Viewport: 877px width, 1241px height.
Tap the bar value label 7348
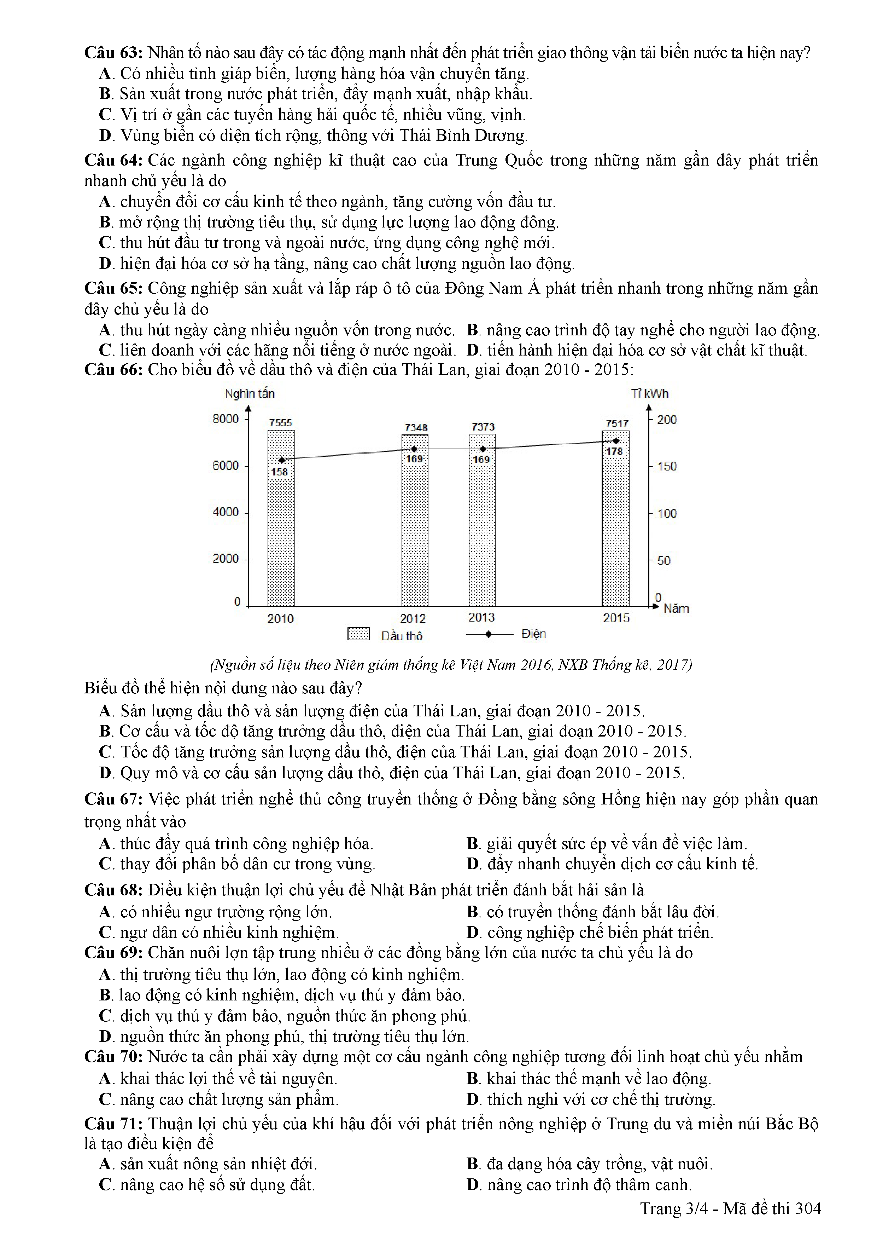coord(416,428)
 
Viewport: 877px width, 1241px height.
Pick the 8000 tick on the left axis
coord(226,419)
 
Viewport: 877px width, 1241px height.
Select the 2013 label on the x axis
coord(481,617)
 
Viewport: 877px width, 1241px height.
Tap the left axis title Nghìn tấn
coord(250,393)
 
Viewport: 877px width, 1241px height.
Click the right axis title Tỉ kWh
coord(650,393)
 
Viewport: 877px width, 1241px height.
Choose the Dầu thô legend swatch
coord(358,634)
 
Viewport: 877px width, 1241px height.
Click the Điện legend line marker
coord(489,634)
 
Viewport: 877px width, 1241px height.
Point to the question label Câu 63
coord(113,53)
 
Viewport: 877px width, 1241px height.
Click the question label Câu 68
coord(113,890)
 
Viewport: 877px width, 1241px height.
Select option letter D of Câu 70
coord(473,1100)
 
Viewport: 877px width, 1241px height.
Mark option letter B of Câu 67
coord(473,844)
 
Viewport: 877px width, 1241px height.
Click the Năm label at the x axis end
coord(676,608)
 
